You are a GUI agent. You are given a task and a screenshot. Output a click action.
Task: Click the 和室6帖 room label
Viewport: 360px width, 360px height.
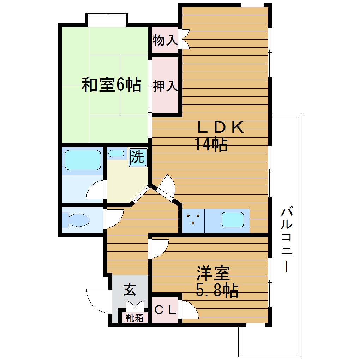[112, 85]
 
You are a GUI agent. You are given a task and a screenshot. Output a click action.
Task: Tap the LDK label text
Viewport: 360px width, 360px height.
[220, 127]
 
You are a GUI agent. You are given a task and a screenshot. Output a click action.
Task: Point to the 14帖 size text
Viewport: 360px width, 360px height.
[211, 144]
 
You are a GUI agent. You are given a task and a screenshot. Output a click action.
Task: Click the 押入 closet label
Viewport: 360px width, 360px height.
[165, 86]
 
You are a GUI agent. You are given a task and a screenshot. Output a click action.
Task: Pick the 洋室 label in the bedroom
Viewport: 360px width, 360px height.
[213, 273]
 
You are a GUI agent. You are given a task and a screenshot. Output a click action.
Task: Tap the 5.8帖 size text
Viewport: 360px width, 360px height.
[217, 290]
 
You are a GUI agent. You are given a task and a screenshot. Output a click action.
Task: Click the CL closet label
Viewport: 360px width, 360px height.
[165, 310]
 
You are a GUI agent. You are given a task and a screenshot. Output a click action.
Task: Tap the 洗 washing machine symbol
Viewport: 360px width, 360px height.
[138, 157]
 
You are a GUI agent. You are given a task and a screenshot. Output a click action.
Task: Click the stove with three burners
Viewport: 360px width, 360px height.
[193, 219]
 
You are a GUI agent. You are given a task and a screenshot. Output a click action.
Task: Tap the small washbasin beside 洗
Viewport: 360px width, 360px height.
[116, 154]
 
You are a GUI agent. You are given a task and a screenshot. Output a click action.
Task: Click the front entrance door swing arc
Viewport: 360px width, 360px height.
[97, 301]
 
